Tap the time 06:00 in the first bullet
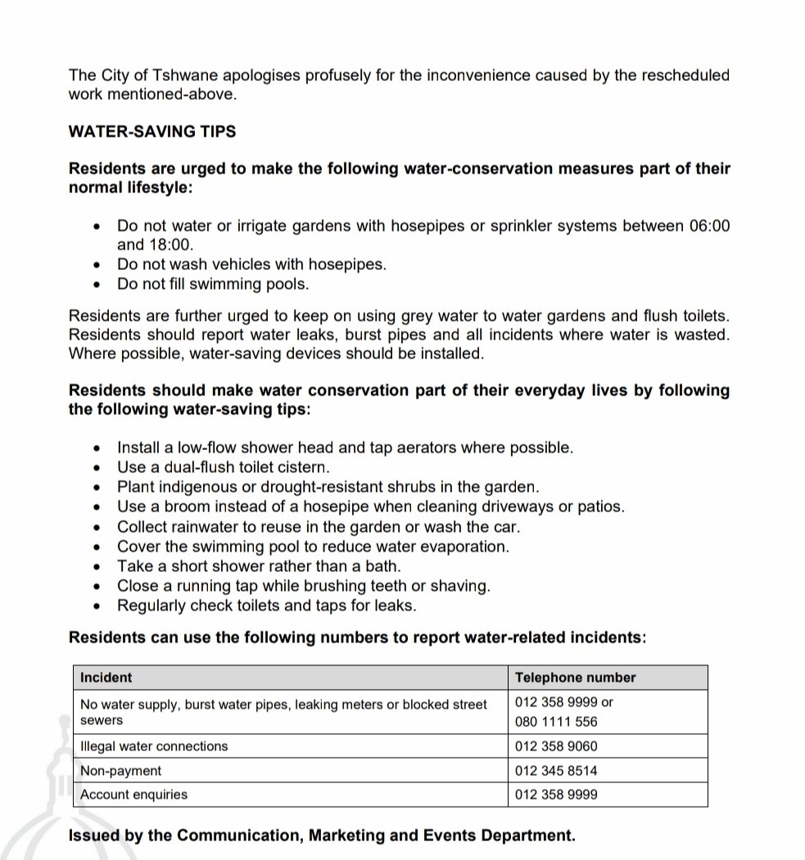pos(709,225)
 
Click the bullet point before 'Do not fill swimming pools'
pos(98,285)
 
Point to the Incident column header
pos(106,678)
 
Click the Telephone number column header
pos(575,678)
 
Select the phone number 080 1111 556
pos(556,722)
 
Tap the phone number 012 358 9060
pos(556,746)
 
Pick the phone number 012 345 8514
pos(556,771)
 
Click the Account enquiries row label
pos(133,795)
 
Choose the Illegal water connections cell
pos(154,746)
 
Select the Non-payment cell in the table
pos(120,771)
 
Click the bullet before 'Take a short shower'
pos(98,566)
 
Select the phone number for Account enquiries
pos(556,795)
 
